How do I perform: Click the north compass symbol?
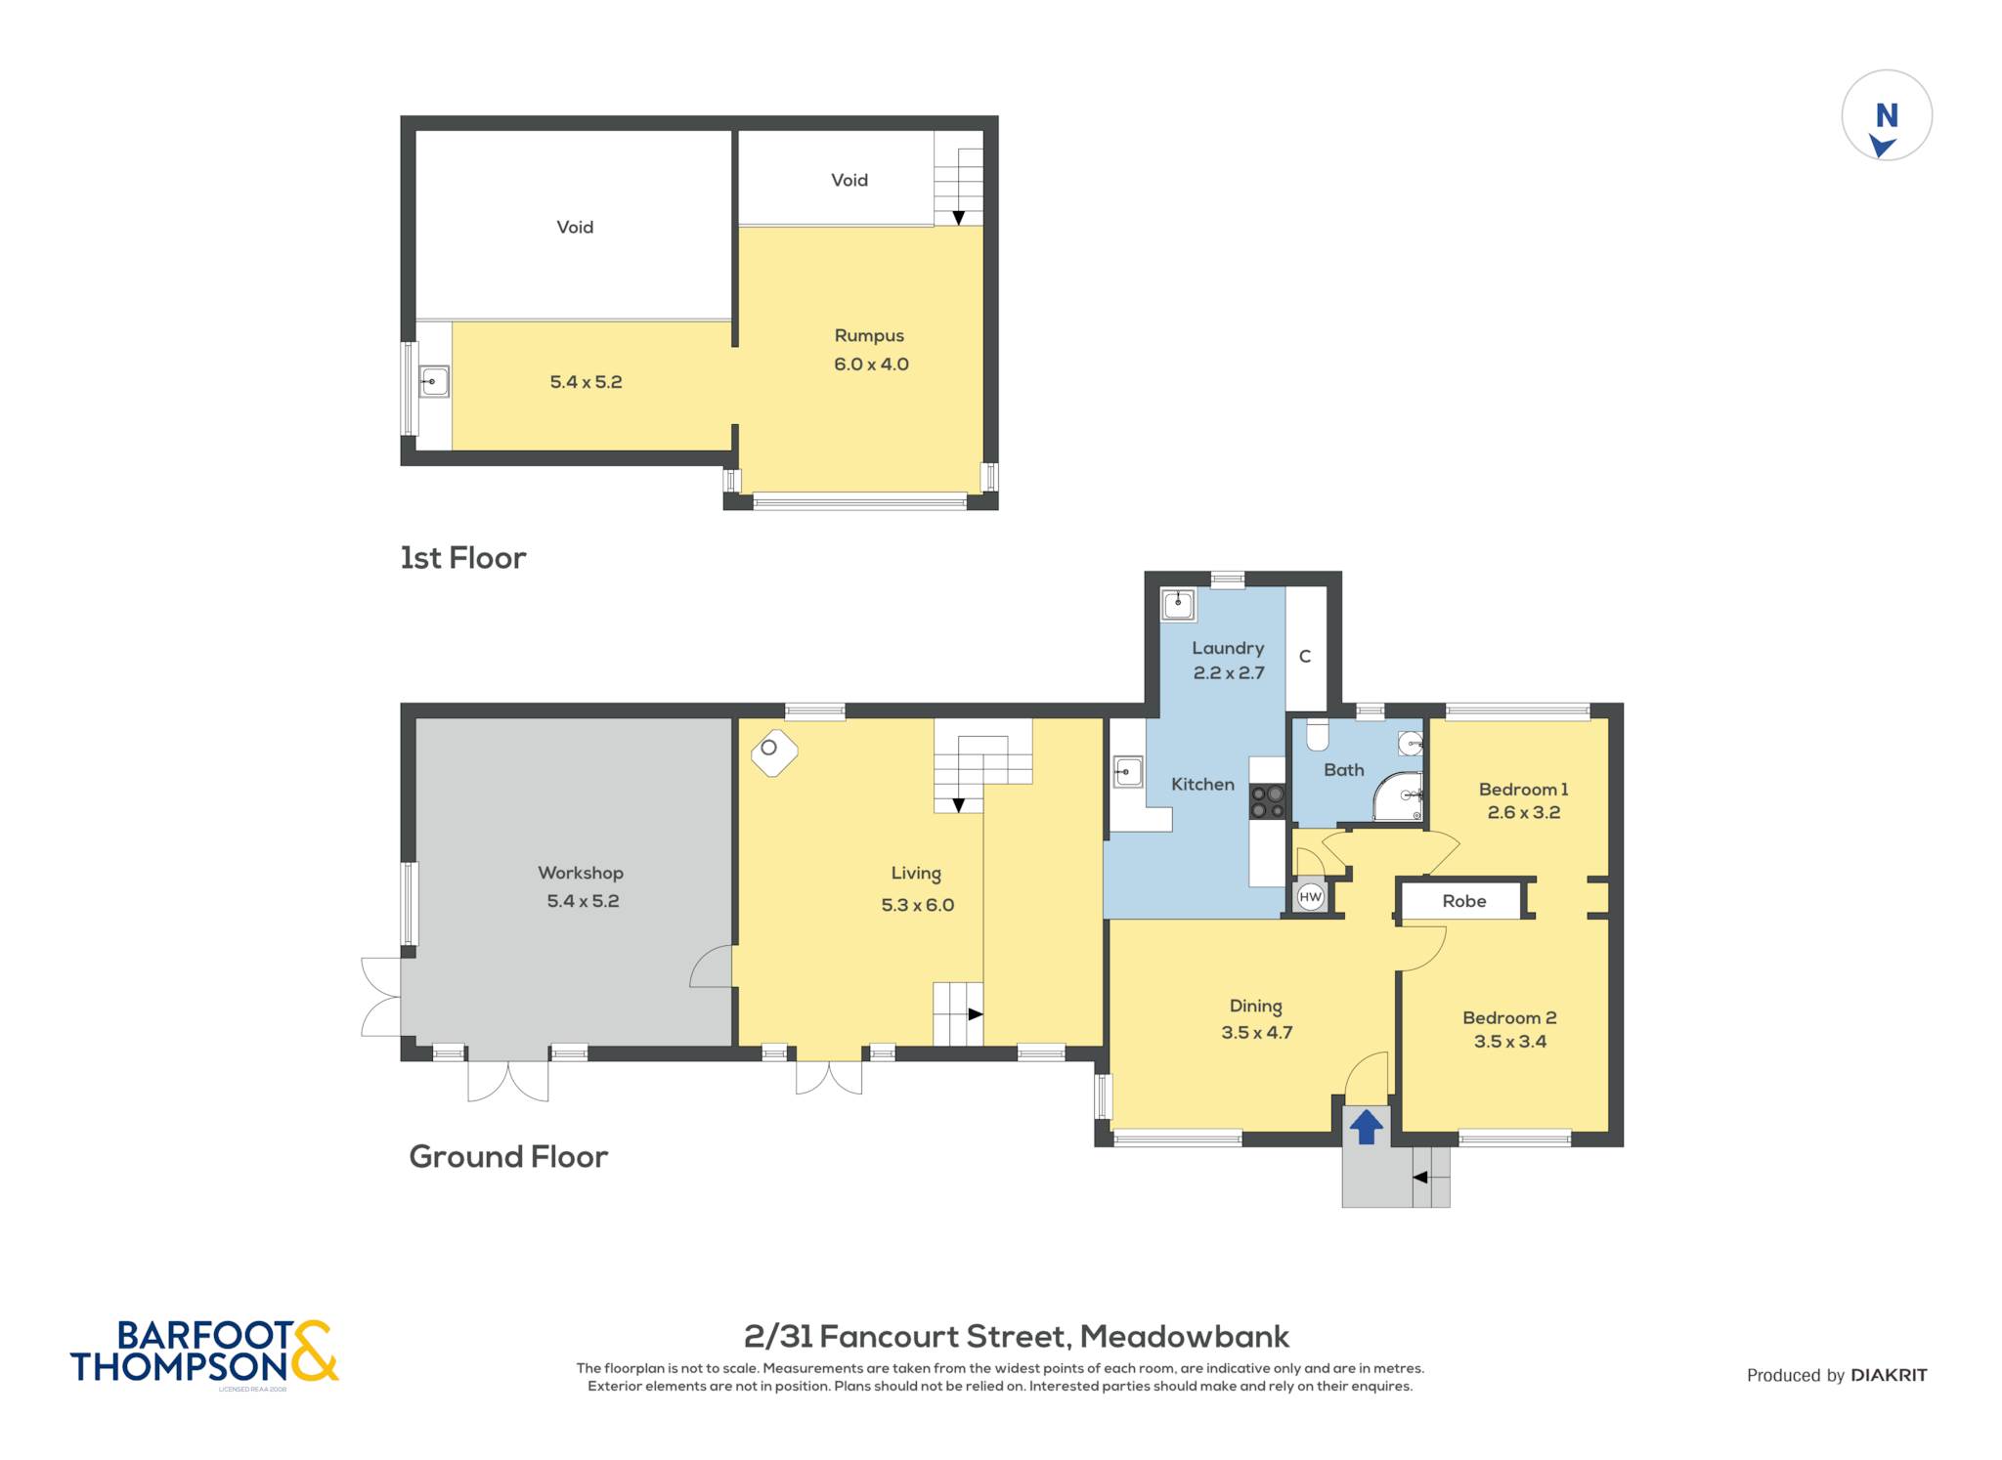coord(1887,115)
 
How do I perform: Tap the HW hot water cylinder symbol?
coord(1310,896)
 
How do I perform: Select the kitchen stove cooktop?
coord(1268,802)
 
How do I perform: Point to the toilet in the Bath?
coord(1318,734)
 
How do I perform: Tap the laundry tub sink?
coord(1178,604)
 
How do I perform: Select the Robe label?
coord(1463,901)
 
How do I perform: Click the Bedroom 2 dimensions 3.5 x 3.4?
coord(1510,1042)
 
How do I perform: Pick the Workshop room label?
coord(581,873)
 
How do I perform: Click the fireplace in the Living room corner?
coord(774,752)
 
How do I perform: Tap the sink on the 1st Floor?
coord(434,381)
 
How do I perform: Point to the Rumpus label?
coord(869,336)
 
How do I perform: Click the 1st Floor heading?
coord(463,558)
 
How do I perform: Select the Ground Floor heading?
coord(508,1157)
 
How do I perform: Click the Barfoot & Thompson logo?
coord(204,1353)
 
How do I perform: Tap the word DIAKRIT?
coord(1889,1375)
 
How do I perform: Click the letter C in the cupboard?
coord(1305,657)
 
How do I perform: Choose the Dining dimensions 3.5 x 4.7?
coord(1257,1033)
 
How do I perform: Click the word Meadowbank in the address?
coord(1185,1336)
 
